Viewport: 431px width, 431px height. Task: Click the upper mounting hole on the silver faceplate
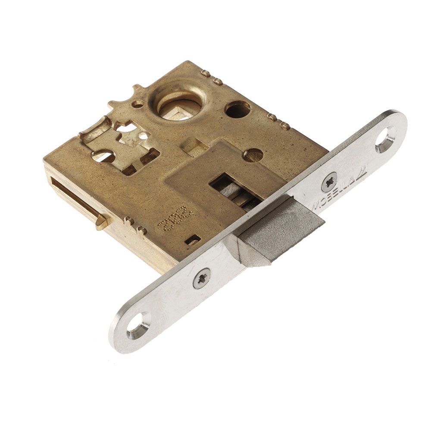click(385, 139)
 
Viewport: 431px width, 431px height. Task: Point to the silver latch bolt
click(276, 233)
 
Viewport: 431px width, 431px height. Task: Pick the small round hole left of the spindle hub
click(138, 104)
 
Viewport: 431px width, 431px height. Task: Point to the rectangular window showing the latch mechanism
click(235, 190)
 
